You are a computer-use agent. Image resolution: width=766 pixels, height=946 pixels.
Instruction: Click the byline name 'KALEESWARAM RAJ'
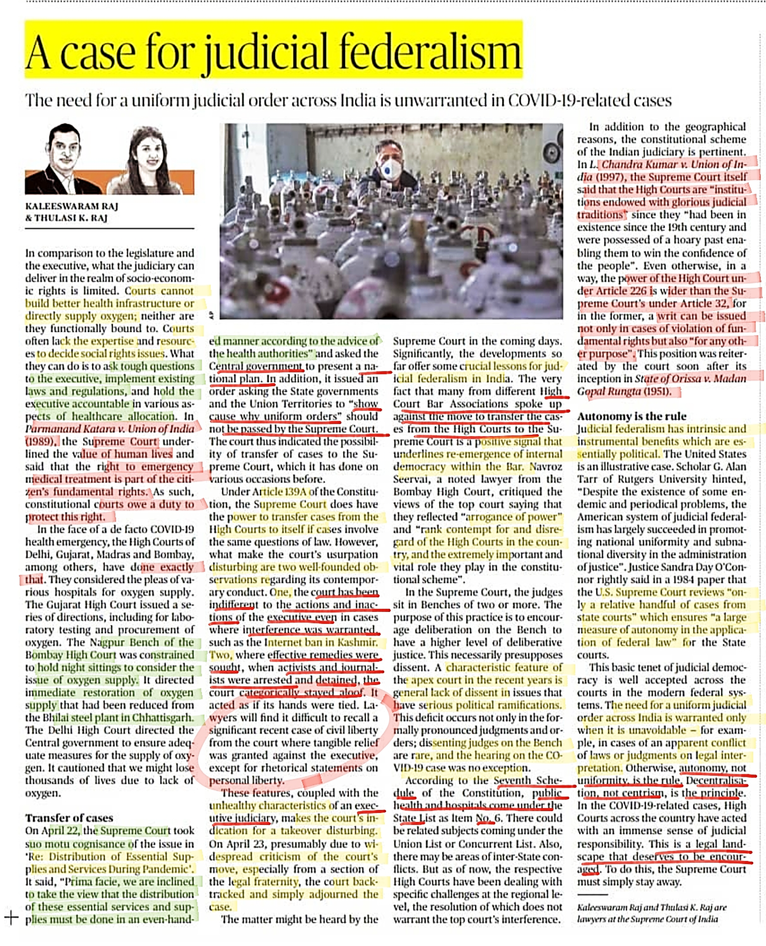[72, 206]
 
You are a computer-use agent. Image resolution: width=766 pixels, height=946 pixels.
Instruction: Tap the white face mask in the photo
[391, 169]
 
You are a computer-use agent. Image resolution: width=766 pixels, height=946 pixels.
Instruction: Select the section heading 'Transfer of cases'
[69, 818]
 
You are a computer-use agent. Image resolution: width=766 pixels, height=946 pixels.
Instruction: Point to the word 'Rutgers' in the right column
[635, 479]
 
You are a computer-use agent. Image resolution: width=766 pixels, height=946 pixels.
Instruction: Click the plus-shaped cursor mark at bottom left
[11, 917]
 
